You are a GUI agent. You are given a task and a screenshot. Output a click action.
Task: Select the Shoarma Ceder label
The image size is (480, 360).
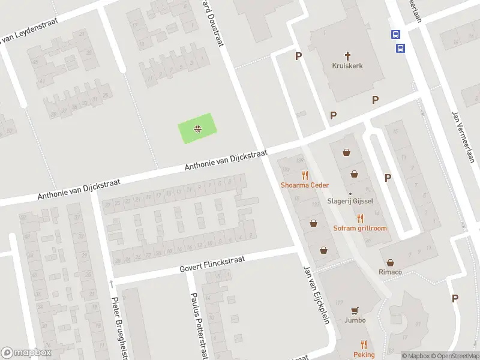pyautogui.click(x=305, y=185)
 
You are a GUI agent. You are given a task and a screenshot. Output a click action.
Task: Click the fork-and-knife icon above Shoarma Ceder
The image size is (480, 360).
pyautogui.click(x=305, y=175)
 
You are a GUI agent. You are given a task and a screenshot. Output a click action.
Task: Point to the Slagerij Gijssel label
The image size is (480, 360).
pyautogui.click(x=350, y=201)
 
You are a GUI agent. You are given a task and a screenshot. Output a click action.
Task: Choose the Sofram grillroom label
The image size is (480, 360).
pyautogui.click(x=360, y=228)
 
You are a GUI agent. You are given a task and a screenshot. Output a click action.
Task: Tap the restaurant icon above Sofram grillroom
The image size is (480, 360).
pyautogui.click(x=360, y=218)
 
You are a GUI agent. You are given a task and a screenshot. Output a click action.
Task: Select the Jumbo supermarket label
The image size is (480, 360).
pyautogui.click(x=355, y=320)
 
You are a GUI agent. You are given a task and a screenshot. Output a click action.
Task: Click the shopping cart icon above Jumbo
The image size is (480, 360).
pyautogui.click(x=355, y=310)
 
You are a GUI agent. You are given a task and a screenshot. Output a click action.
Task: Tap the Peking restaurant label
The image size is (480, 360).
pyautogui.click(x=364, y=355)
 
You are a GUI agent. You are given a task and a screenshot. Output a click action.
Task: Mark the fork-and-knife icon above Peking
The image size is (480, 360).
pyautogui.click(x=364, y=344)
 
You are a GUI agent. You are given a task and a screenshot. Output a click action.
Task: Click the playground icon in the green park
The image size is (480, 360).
pyautogui.click(x=197, y=128)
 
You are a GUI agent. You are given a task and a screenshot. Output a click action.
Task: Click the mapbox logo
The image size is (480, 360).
pyautogui.click(x=26, y=353)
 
